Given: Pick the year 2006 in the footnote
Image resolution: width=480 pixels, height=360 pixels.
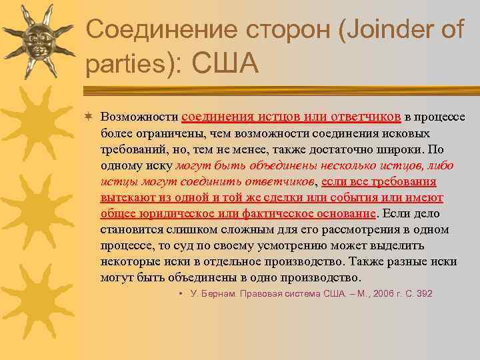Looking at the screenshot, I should [383, 293].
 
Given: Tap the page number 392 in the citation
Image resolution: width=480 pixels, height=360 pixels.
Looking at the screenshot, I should [425, 293].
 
